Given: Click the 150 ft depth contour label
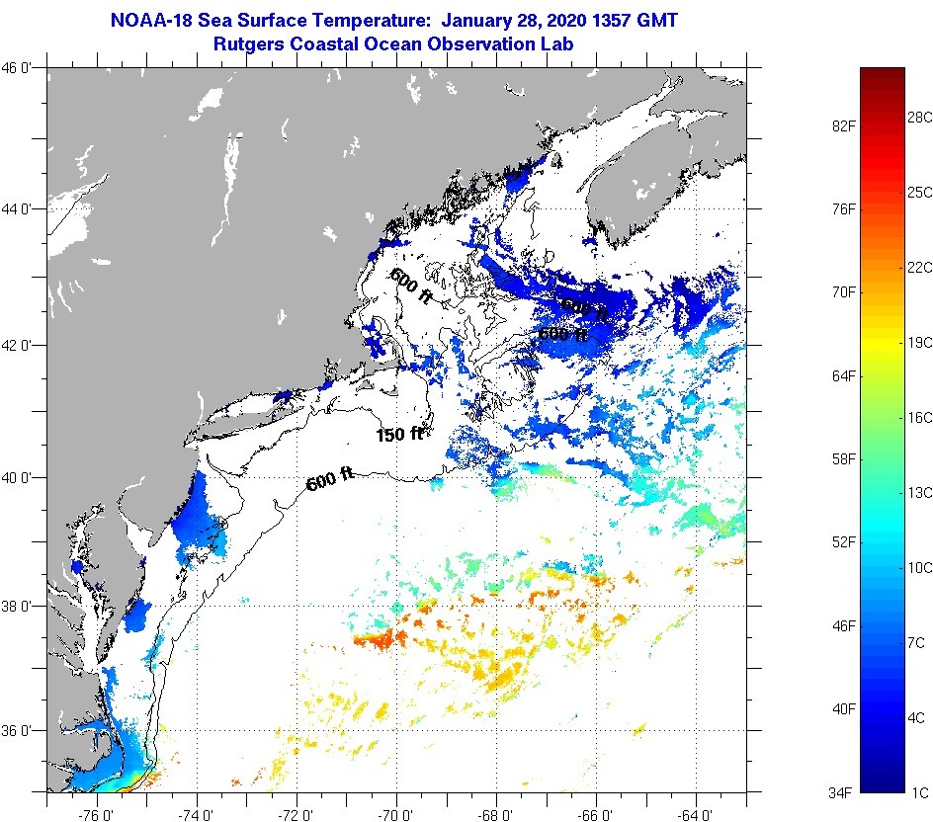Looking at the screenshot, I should [x=399, y=434].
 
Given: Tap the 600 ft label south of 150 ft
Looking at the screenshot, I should [x=330, y=481].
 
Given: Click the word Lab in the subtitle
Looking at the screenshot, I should [x=558, y=44].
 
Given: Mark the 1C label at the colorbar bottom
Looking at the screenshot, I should [x=916, y=791].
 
